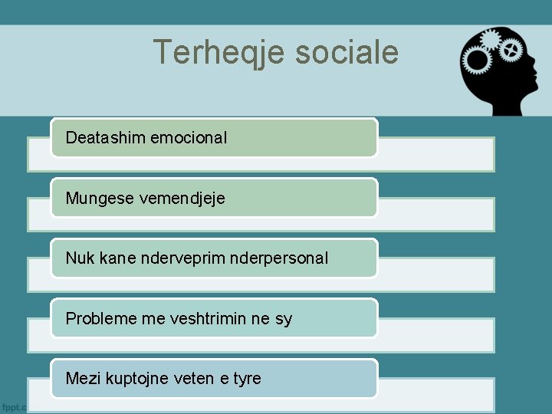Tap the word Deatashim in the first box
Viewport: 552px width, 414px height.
pyautogui.click(x=106, y=138)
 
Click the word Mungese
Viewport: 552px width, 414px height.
pyautogui.click(x=96, y=198)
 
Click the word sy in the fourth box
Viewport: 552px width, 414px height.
pyautogui.click(x=283, y=319)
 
